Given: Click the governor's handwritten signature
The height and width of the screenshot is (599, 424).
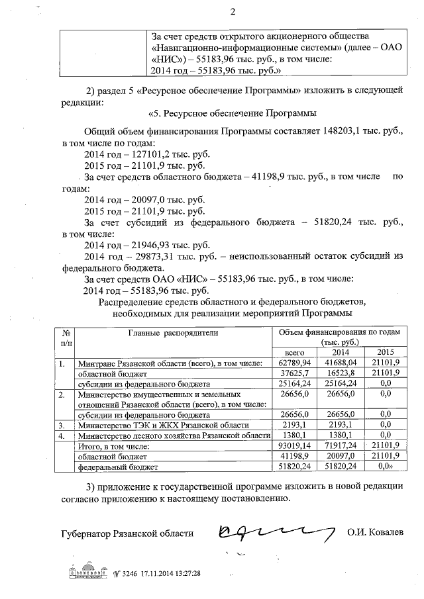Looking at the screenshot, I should (271, 530).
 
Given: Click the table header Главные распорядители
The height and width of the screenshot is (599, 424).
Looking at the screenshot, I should (172, 333).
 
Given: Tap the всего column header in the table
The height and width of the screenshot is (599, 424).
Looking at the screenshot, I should (293, 353).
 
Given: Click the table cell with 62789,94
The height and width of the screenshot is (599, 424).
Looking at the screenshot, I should (293, 363).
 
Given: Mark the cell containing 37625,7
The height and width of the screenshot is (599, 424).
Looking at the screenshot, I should (293, 373).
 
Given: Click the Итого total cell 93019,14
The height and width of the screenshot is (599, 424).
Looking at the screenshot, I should (293, 447).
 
